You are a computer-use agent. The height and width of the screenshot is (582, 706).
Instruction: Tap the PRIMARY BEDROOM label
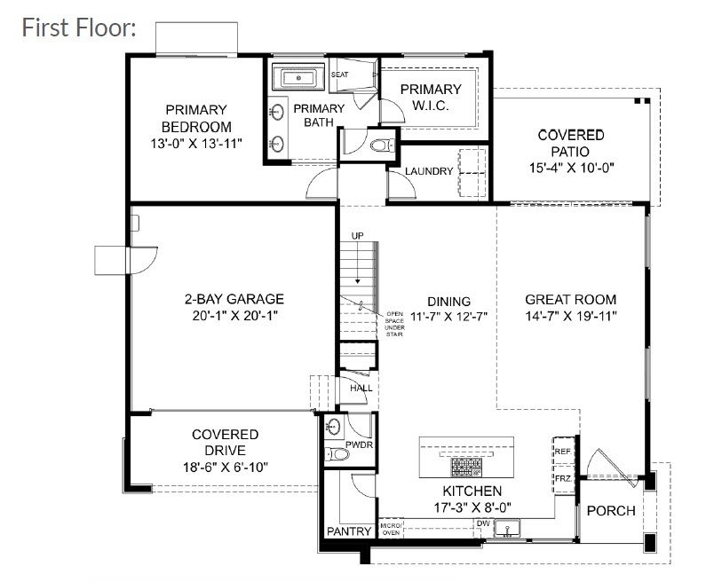click(196, 118)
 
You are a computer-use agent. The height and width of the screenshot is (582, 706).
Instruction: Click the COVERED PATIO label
click(571, 143)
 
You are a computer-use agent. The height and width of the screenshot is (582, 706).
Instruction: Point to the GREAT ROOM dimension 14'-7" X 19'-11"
click(570, 316)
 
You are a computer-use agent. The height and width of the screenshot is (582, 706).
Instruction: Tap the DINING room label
click(448, 301)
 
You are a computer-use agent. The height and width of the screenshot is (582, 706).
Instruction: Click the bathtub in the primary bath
click(297, 78)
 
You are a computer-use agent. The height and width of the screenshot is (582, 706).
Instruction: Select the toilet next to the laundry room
click(381, 143)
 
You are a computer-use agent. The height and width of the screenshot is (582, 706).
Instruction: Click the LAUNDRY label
click(429, 171)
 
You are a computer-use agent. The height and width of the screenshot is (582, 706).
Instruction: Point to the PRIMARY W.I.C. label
click(431, 97)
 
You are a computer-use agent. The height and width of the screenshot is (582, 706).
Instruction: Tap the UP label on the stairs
click(358, 236)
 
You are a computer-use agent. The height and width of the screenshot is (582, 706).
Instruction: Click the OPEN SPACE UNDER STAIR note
click(394, 325)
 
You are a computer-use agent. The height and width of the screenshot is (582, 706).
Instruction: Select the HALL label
click(361, 389)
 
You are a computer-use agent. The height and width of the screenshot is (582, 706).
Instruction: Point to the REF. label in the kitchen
click(562, 451)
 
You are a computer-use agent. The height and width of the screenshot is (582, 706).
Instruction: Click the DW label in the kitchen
click(483, 523)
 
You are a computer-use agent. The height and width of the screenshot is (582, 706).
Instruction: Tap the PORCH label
click(611, 511)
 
